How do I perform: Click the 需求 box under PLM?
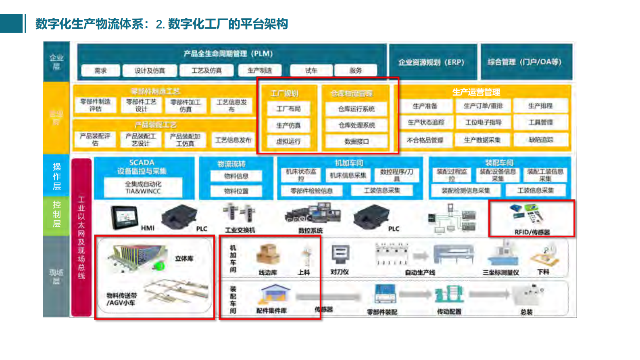[x=100, y=71]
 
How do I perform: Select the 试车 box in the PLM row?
[x=311, y=71]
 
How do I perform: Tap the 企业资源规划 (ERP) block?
[x=432, y=62]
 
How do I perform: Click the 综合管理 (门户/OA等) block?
[x=525, y=62]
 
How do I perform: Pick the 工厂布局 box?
[x=288, y=109]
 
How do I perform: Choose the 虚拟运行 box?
[x=288, y=142]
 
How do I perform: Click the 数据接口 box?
[x=356, y=142]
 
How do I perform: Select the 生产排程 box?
[x=540, y=106]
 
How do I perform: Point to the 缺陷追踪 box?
[x=541, y=140]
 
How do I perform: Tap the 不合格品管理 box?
[x=425, y=140]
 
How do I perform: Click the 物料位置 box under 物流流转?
[x=236, y=191]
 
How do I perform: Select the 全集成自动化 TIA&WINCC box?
[x=143, y=188]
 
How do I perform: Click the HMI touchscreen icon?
[x=125, y=217]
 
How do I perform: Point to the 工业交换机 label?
[x=240, y=230]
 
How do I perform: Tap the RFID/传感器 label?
[x=532, y=232]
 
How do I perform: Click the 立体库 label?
[x=184, y=258]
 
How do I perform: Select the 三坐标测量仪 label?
[x=501, y=272]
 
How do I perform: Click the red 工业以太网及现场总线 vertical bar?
[x=81, y=237]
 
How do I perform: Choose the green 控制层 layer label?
[x=56, y=214]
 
